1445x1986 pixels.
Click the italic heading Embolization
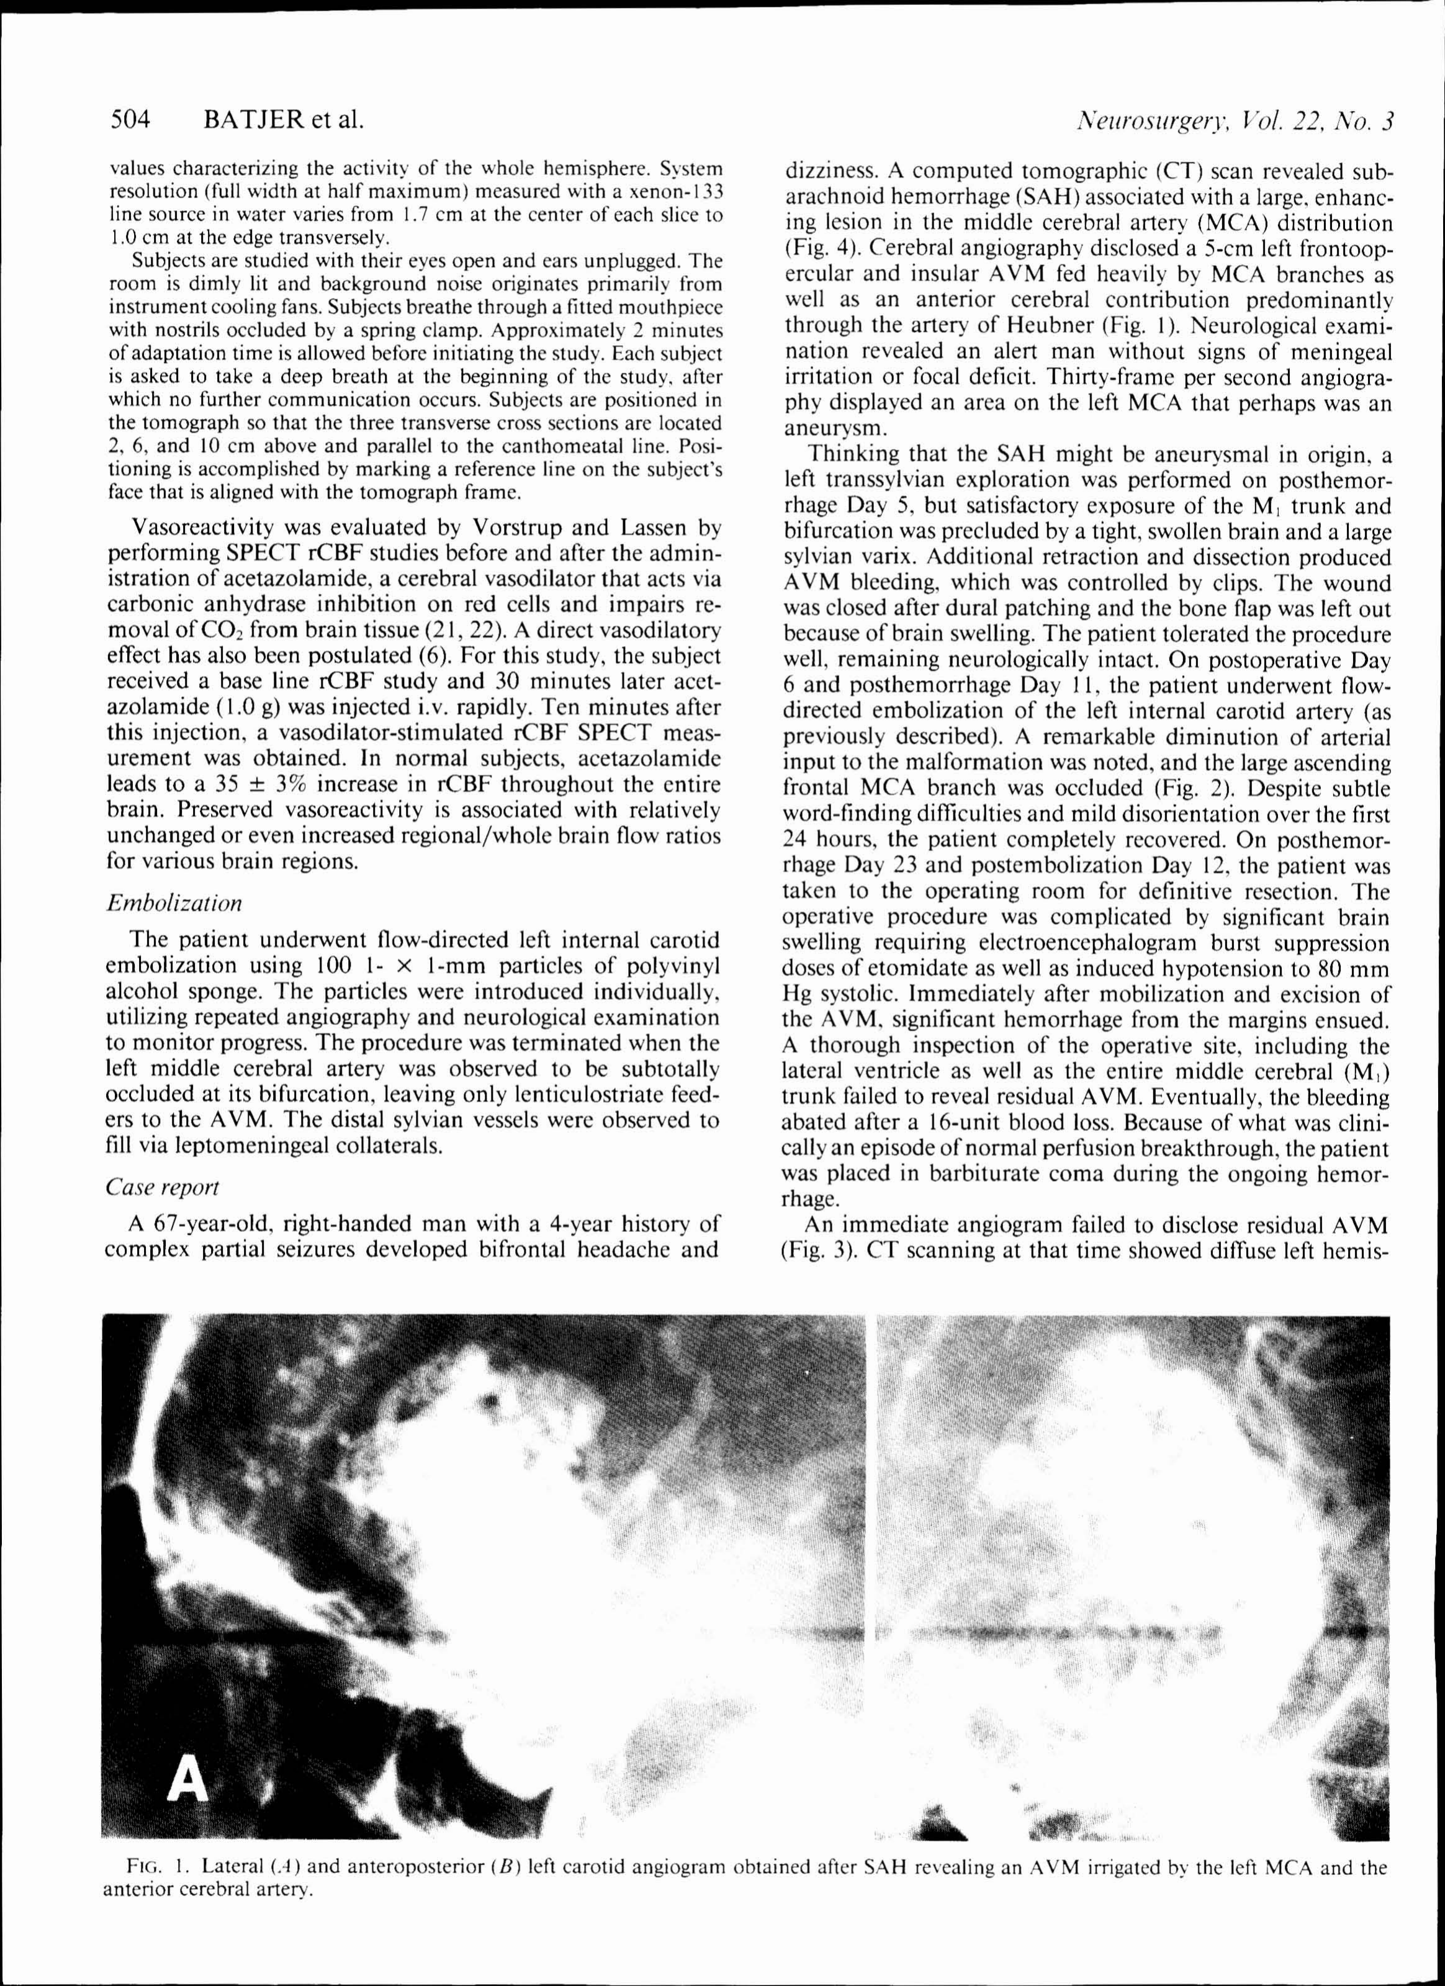[x=173, y=903]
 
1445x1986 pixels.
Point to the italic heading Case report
[x=162, y=1187]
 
